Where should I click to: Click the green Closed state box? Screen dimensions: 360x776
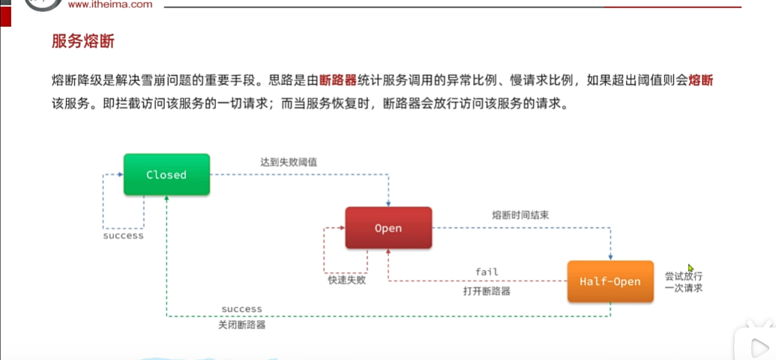click(166, 175)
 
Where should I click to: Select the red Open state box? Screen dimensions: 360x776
click(388, 228)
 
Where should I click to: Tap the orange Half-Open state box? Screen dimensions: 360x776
click(610, 281)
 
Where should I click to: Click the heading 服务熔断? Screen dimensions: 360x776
click(82, 41)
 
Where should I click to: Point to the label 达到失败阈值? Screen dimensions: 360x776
click(288, 160)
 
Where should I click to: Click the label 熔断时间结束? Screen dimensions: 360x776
click(520, 214)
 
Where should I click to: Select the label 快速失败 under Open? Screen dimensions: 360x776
click(346, 280)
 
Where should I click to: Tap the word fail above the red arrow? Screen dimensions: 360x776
click(487, 271)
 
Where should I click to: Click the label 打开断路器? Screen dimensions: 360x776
click(487, 291)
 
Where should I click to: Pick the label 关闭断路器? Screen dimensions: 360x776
click(241, 325)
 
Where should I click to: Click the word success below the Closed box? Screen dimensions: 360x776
click(123, 235)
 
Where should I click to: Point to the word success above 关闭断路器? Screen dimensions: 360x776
click(241, 309)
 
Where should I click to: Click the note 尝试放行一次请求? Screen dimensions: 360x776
click(683, 281)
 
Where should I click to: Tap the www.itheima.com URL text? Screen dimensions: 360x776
click(109, 4)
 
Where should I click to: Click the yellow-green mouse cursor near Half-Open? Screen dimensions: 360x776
click(691, 268)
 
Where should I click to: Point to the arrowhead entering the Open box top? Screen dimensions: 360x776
click(388, 203)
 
